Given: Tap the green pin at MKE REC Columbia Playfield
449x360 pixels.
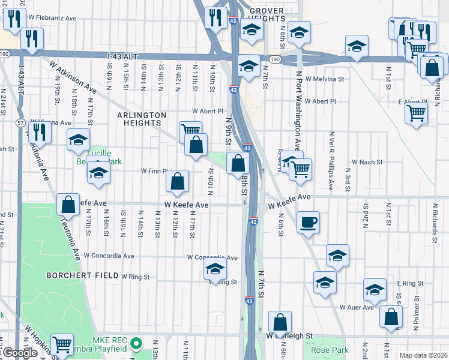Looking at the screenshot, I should click(137, 344).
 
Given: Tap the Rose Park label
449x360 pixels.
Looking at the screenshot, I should click(325, 349).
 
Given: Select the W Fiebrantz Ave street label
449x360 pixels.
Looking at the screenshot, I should click(52, 19).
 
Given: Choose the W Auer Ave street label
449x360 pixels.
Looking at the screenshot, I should click(357, 307).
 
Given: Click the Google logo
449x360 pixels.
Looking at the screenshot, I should click(19, 353).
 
